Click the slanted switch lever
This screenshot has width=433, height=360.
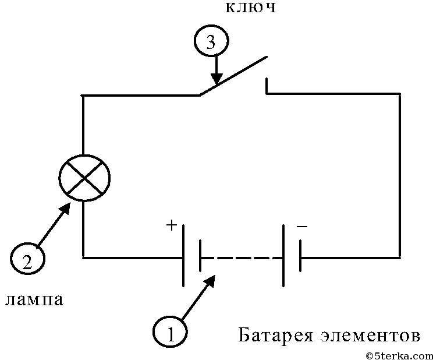(233, 75)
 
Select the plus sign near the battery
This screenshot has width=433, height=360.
(172, 226)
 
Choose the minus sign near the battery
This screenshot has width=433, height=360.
(301, 225)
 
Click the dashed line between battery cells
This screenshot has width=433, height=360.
(242, 257)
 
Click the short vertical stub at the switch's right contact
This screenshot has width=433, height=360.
(267, 85)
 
